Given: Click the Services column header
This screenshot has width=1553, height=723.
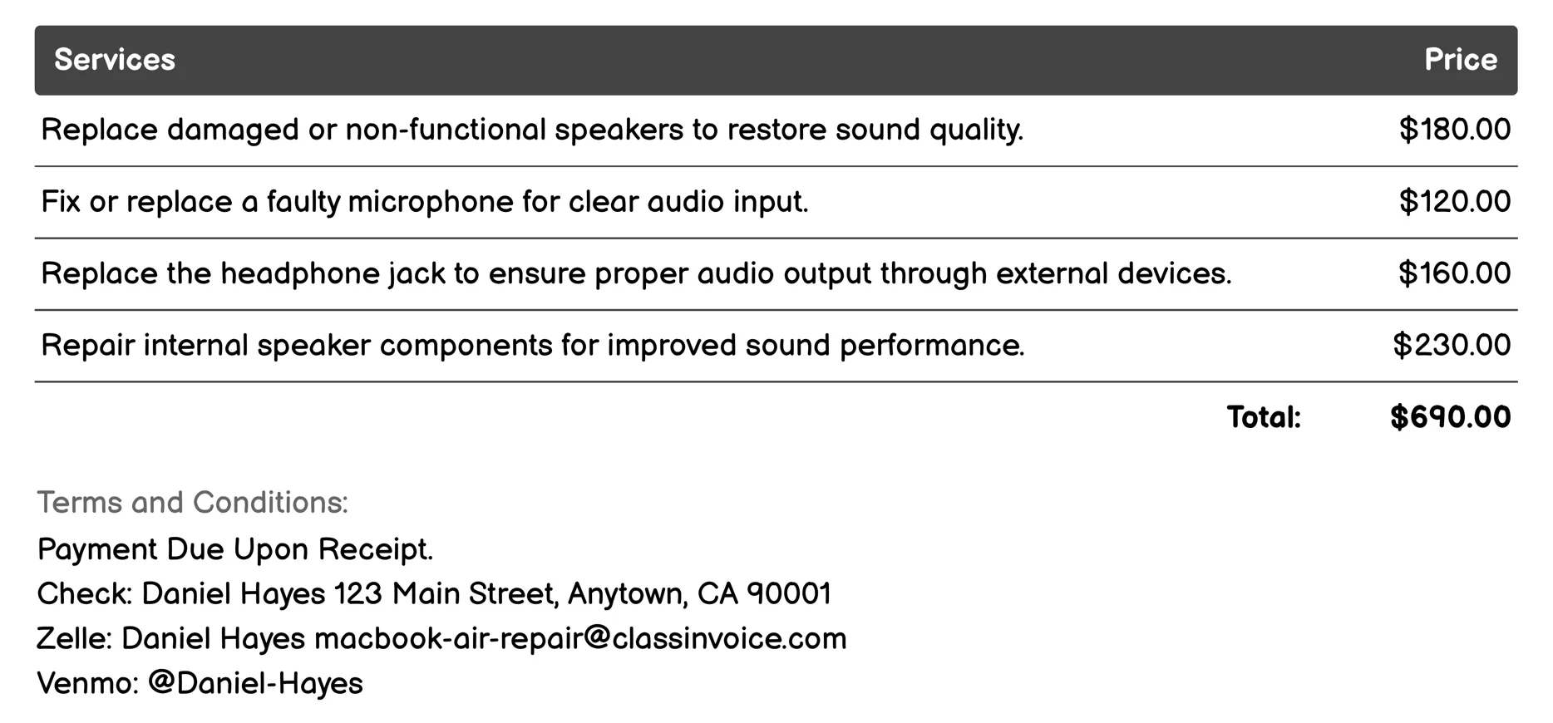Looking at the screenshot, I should (x=115, y=60).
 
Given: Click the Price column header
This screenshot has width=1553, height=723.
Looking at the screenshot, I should (x=1460, y=60).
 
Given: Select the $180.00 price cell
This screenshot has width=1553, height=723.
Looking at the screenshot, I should (x=1454, y=130).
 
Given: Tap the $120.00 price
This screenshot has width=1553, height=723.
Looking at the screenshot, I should (x=1454, y=202).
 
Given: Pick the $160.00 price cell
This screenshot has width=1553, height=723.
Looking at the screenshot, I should (x=1454, y=273).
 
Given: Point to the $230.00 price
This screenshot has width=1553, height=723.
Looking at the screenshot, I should (x=1452, y=345).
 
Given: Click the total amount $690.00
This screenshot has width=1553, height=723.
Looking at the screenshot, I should (x=1450, y=417).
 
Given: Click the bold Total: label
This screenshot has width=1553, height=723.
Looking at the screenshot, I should (x=1264, y=417).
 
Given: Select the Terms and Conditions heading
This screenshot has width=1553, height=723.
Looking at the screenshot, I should (x=192, y=503).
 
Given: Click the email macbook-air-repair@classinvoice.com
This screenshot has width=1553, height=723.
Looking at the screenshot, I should (x=580, y=639).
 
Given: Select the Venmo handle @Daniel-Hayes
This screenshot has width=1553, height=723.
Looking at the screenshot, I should (x=255, y=683).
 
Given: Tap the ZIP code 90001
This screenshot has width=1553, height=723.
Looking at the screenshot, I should (x=789, y=594).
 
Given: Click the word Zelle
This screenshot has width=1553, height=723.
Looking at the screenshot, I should (x=72, y=639).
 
